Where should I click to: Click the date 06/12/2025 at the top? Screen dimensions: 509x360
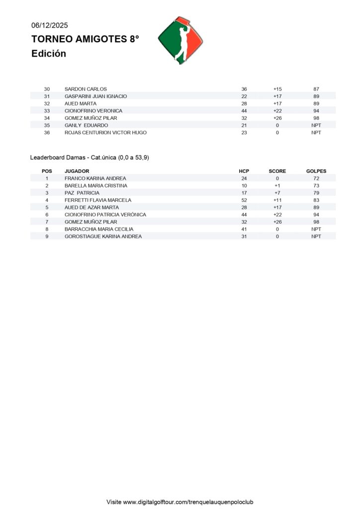pos(50,25)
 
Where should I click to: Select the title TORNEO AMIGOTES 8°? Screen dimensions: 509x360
pos(85,39)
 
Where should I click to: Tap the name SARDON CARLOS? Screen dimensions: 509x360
pos(86,89)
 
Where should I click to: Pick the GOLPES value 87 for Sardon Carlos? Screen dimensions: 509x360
pos(316,89)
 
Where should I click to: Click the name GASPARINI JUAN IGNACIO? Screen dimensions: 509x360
pos(95,96)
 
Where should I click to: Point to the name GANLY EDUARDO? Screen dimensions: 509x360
pos(86,125)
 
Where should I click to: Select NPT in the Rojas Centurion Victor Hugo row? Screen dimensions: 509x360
pos(316,133)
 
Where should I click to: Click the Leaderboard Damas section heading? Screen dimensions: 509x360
pos(90,158)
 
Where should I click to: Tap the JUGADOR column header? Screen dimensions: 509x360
pos(77,171)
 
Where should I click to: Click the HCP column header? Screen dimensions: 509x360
pos(244,171)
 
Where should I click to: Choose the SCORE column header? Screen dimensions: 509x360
pos(277,171)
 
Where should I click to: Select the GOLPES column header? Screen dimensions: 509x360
pos(316,171)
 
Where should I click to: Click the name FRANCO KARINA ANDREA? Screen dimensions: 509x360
pos(95,178)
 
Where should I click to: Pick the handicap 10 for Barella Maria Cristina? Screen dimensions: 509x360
pos(244,185)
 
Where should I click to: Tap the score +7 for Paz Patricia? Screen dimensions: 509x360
pos(277,193)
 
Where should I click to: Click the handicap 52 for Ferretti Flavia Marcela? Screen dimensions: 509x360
pos(244,200)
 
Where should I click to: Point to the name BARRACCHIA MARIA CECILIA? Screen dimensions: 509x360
pos(99,229)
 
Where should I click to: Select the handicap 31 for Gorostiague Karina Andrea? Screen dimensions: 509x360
pos(244,237)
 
